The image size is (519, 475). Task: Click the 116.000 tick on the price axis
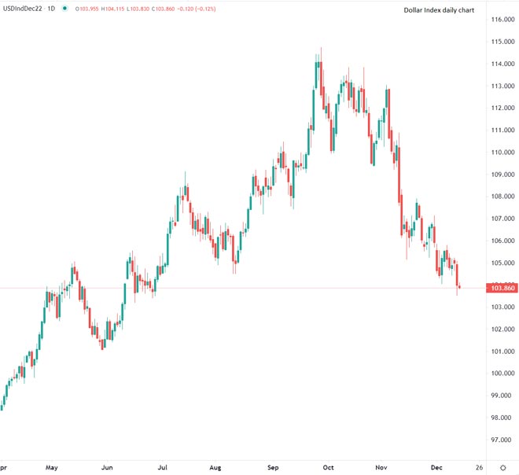pos(502,19)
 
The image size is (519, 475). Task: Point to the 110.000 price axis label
pos(502,152)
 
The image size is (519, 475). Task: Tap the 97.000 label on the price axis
pos(502,440)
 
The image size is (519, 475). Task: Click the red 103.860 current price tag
pos(502,289)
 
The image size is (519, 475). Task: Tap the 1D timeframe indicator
pos(52,9)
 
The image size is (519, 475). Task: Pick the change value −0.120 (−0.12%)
pos(201,9)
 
